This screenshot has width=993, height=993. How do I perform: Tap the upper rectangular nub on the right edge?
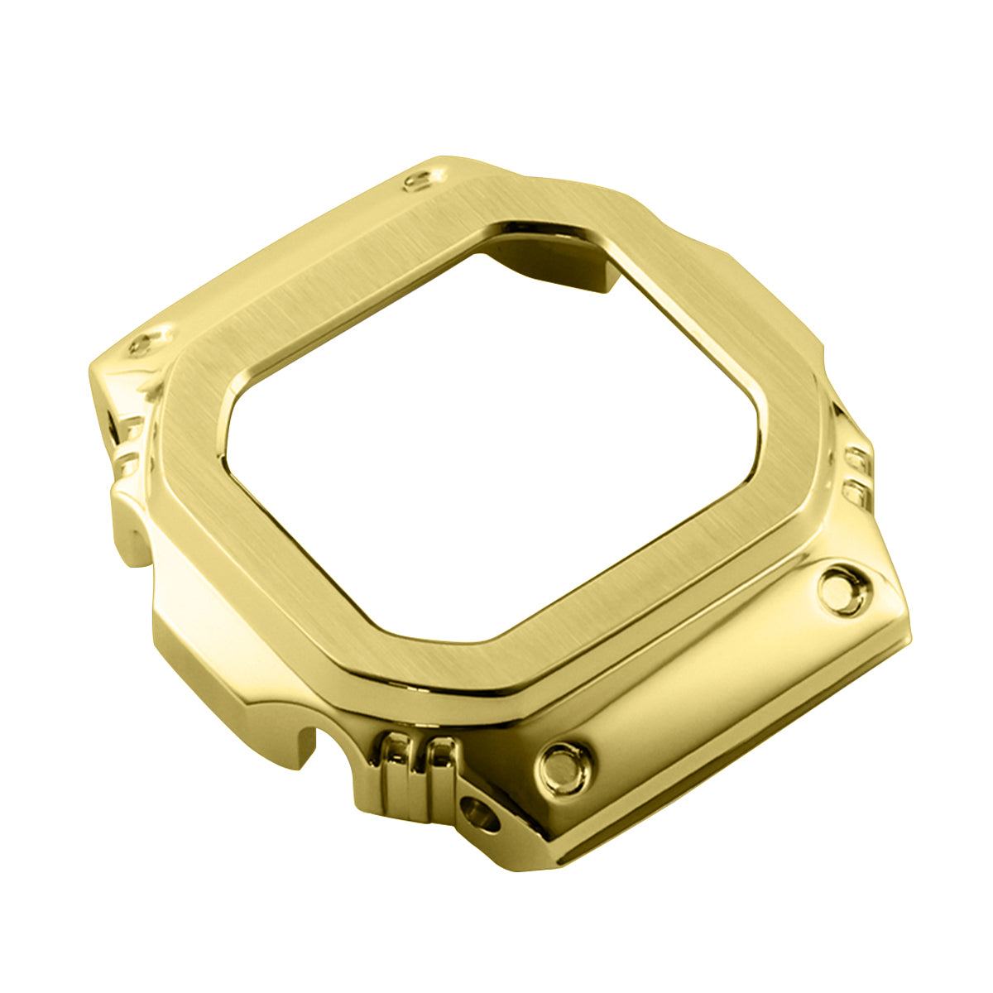click(857, 458)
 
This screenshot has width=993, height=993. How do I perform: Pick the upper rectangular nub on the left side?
click(130, 430)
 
